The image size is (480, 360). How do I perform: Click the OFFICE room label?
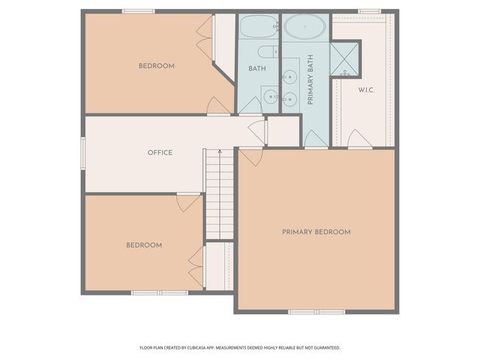(x=160, y=153)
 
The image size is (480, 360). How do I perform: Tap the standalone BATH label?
(x=257, y=69)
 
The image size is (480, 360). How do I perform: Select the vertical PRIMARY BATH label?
(x=310, y=79)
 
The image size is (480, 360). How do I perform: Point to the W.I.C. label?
(x=366, y=90)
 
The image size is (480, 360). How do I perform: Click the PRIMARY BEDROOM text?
(x=316, y=232)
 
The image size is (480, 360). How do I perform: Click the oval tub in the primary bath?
(x=304, y=28)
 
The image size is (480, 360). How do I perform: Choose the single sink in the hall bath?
(x=270, y=96)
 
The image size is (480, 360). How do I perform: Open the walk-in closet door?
(x=358, y=139)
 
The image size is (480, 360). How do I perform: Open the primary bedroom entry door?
(x=250, y=156)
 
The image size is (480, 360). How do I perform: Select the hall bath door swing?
(x=249, y=106)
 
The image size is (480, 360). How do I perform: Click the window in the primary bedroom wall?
(x=316, y=311)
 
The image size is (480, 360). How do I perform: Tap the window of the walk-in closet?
(x=369, y=11)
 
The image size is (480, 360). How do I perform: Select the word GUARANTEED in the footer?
(x=326, y=348)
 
